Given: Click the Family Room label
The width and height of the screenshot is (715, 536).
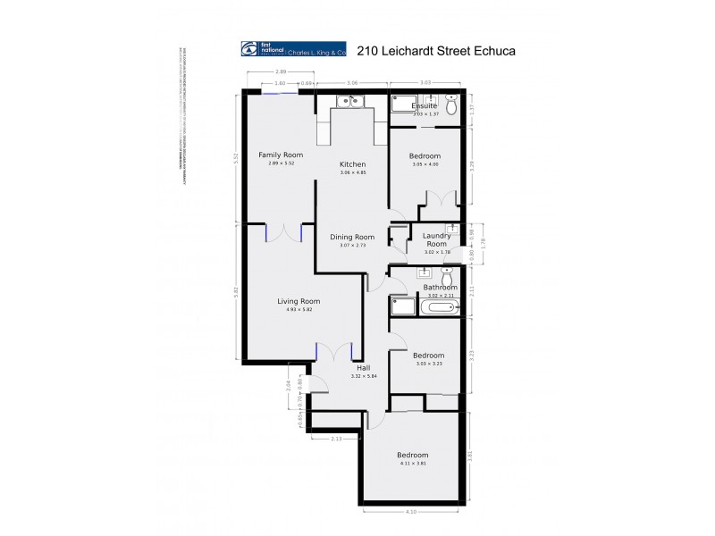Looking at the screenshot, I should pos(275,155).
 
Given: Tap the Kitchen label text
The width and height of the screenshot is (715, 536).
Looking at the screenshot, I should pos(352,164).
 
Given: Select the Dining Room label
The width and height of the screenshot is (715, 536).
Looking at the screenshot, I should pos(352,237).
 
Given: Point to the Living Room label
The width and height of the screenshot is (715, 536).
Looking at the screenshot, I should pos(298,301).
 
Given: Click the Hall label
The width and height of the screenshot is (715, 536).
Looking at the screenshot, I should pos(363,368).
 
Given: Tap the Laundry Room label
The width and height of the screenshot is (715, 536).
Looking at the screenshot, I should pos(435,239).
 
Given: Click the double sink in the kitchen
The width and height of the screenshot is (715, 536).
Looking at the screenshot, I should pos(348,101).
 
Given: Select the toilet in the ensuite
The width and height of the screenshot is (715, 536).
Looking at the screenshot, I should pos(452,106).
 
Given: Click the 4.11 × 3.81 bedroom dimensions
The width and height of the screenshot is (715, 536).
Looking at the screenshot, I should pos(413,464).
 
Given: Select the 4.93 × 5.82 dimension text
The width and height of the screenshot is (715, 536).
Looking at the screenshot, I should pos(298,310).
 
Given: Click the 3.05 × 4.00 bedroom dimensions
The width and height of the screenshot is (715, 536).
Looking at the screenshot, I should pos(425,163).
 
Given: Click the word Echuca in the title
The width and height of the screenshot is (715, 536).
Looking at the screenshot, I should pos(492,51).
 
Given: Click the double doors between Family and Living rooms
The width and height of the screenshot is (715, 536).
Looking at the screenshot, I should pos(286,232).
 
